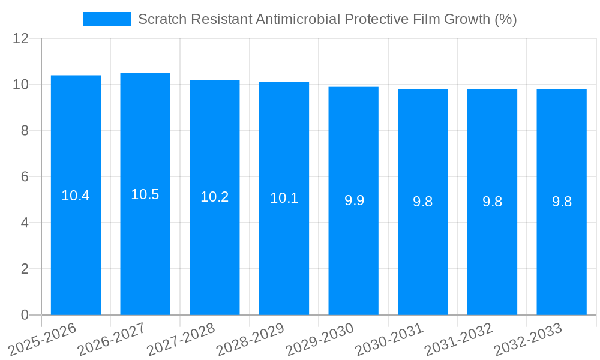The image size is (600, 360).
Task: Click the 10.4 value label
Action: coord(76,196)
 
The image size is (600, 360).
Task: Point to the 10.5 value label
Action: coord(145,194)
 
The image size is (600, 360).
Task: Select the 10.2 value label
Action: coord(215,197)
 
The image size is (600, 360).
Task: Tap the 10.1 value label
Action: coord(284,198)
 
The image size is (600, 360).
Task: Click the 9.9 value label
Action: coord(354,200)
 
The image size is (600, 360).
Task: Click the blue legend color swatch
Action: coord(106,19)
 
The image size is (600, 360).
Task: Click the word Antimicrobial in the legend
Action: coord(297,19)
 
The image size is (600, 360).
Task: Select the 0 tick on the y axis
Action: coord(25,315)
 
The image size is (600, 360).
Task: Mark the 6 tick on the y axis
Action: coord(25,177)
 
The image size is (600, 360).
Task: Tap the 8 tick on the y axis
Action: coord(25,131)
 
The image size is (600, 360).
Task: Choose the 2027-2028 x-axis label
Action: coord(181,339)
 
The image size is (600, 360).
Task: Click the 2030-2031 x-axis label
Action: coord(389,339)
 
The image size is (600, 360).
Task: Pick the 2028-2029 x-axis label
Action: coord(250,339)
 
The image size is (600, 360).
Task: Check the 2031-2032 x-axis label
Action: coord(458,339)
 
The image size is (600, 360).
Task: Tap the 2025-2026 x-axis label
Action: coord(42,339)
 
